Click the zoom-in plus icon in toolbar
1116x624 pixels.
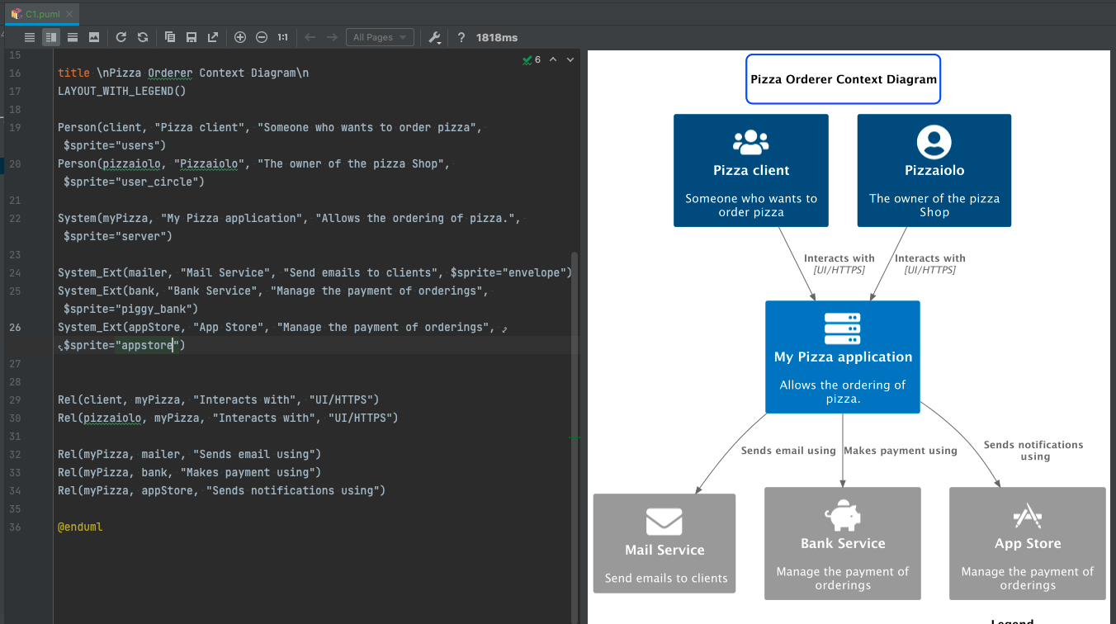240,37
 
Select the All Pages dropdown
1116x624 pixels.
381,37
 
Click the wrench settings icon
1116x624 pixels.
434,37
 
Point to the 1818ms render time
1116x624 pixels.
497,37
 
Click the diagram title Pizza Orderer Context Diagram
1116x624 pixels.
843,79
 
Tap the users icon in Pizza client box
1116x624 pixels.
751,142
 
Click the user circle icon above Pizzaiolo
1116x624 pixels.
934,142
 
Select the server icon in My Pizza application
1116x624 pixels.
843,329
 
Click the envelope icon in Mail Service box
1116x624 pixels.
664,522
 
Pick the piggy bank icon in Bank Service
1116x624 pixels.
843,516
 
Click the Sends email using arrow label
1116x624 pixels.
788,451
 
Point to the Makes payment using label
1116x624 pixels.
901,451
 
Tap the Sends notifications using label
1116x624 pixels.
1033,450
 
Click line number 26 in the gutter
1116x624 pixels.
15,327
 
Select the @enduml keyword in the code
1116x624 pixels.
80,527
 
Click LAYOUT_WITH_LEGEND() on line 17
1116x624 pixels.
121,91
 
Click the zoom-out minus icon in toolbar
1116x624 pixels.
262,37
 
